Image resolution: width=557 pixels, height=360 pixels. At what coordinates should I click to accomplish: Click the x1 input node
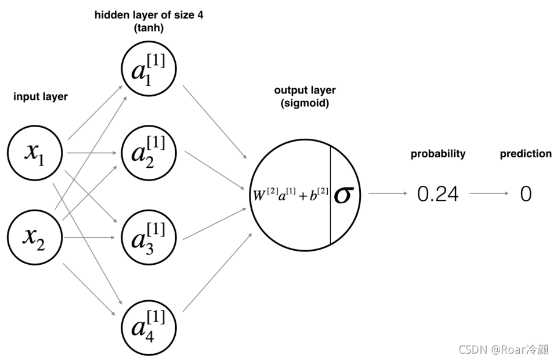click(x=35, y=153)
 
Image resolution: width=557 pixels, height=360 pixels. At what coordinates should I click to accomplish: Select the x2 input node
click(x=35, y=237)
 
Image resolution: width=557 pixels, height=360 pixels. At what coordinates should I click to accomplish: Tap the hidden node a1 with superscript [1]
click(x=149, y=69)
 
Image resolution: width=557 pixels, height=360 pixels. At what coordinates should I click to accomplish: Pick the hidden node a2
click(x=149, y=153)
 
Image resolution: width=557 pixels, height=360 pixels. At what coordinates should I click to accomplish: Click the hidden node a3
click(x=149, y=237)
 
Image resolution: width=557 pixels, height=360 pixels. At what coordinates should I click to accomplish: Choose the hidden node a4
click(x=149, y=327)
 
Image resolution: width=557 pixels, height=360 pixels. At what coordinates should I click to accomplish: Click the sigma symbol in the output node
click(x=344, y=195)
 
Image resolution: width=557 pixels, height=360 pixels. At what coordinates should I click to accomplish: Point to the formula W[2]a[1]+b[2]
click(x=290, y=195)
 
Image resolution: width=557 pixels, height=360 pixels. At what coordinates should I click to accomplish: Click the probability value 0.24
click(x=438, y=194)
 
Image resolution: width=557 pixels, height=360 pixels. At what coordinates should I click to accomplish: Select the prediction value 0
click(x=526, y=194)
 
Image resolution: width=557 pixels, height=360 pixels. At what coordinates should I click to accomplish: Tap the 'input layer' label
click(x=41, y=96)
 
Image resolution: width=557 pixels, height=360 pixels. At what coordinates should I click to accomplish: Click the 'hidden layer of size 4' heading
click(x=149, y=15)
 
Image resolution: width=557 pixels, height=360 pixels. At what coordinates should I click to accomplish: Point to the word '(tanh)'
click(x=149, y=28)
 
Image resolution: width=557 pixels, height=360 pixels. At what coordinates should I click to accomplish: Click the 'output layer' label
click(x=305, y=90)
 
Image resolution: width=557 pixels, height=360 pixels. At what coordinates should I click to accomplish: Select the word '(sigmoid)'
click(x=305, y=103)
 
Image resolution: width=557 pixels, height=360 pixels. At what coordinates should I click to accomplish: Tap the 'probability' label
click(x=438, y=154)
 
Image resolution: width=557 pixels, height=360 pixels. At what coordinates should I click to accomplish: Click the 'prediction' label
click(x=526, y=154)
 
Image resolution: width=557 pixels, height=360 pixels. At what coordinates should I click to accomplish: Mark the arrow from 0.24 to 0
click(x=489, y=193)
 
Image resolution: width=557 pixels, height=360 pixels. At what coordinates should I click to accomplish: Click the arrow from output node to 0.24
click(x=388, y=193)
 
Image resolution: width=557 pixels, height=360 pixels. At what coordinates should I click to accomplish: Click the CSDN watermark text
click(x=504, y=350)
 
